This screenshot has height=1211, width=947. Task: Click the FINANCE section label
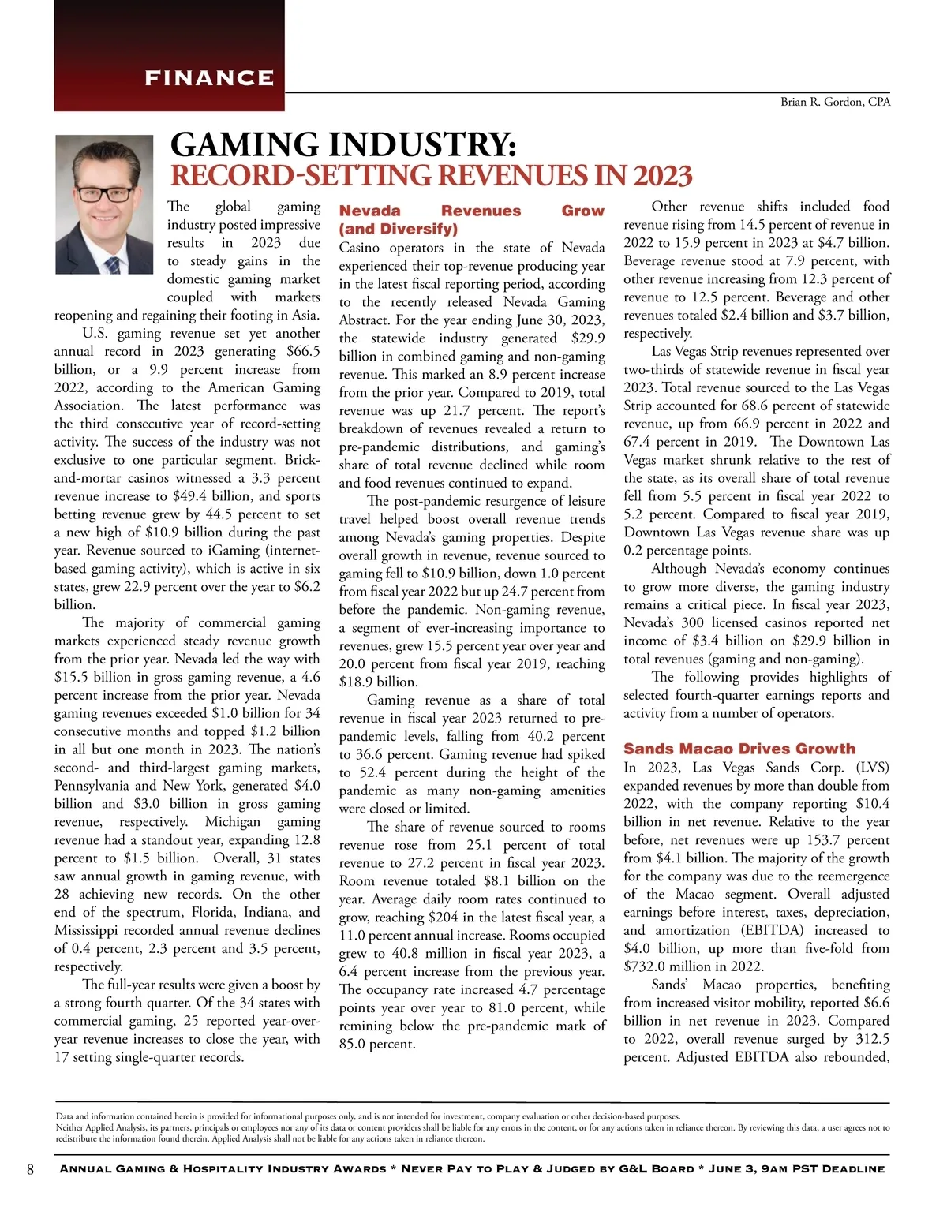(209, 78)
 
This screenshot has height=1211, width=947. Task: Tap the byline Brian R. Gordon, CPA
(835, 102)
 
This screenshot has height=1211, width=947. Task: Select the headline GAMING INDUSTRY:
(343, 145)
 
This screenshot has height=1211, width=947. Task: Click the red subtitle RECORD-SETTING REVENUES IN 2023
(432, 175)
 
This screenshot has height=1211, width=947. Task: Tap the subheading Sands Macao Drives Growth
(739, 749)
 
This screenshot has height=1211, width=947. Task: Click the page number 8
(30, 1169)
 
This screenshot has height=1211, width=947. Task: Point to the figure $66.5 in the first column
(303, 352)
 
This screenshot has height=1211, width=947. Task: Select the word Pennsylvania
(92, 786)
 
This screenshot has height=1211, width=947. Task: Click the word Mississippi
(92, 931)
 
